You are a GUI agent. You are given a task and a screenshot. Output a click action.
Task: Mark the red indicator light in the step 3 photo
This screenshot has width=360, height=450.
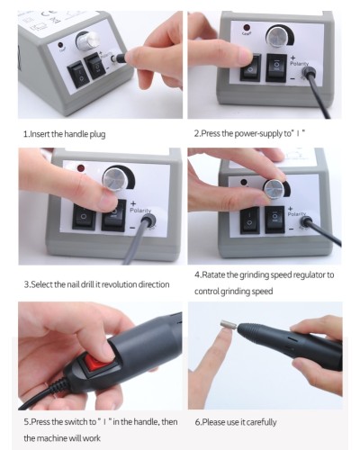click(81, 168)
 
